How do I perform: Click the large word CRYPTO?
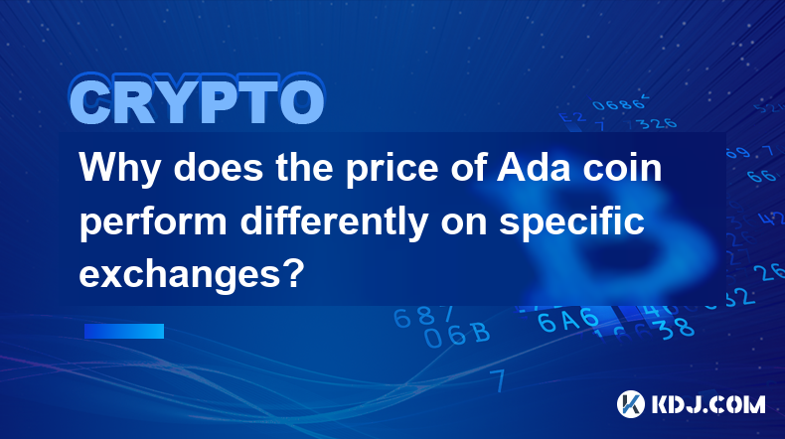(x=198, y=100)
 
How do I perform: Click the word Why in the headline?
(x=119, y=169)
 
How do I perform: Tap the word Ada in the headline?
(x=534, y=167)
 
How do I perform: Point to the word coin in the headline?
(x=622, y=167)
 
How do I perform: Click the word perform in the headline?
(x=153, y=222)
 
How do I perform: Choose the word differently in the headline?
(x=334, y=222)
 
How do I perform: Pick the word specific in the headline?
(x=571, y=222)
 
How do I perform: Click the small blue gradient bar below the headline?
(x=124, y=331)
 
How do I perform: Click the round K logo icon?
(x=631, y=404)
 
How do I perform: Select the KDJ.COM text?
(x=708, y=404)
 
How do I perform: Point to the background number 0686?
(x=620, y=104)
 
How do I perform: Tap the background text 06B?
(x=456, y=335)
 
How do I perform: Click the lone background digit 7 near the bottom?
(x=498, y=380)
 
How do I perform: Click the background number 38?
(x=677, y=329)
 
